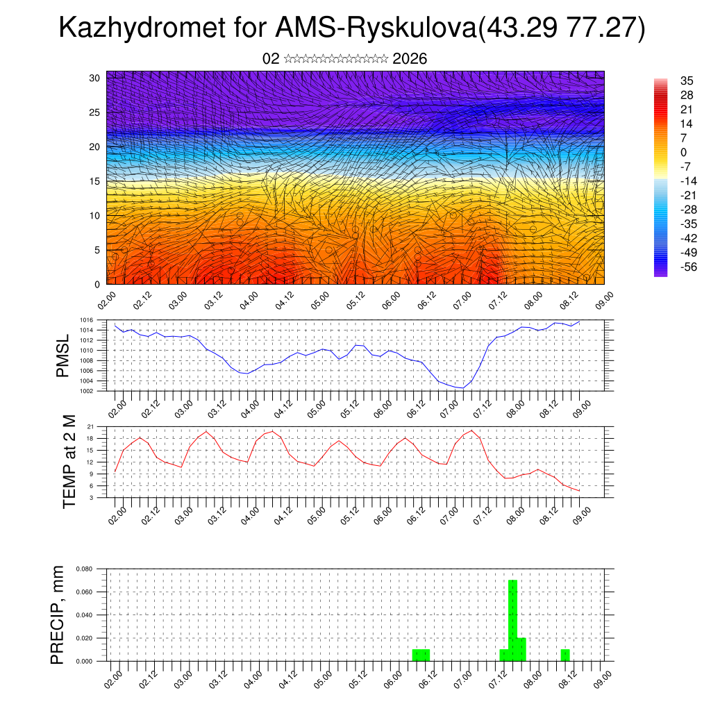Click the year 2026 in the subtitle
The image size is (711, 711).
click(x=410, y=59)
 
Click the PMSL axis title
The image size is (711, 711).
click(x=62, y=355)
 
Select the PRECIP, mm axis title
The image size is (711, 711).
click(x=58, y=614)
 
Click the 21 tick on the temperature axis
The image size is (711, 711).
click(x=90, y=426)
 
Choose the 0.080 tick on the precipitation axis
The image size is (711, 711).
click(x=85, y=569)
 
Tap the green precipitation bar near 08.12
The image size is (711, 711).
click(x=565, y=655)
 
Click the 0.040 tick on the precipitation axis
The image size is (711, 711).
click(x=85, y=615)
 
